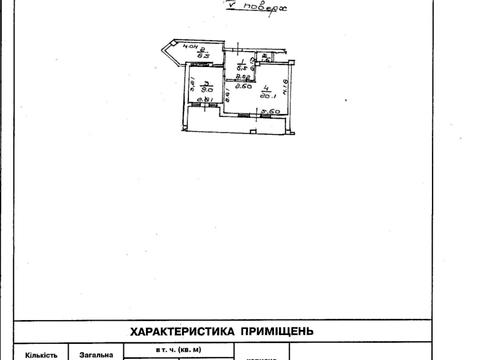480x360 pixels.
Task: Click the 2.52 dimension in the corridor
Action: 241,76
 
